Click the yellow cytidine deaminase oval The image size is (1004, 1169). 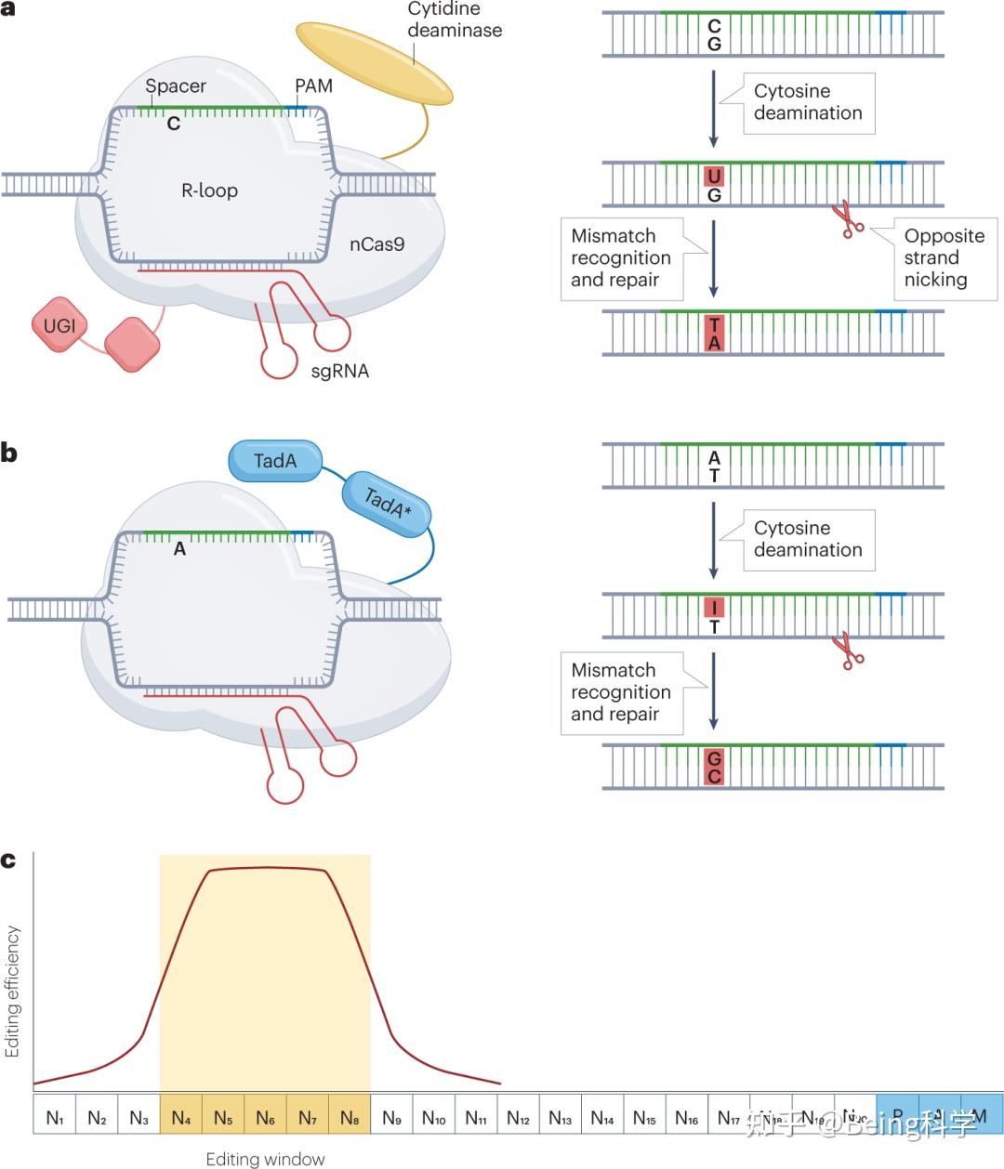(375, 63)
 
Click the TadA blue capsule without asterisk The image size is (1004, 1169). (275, 461)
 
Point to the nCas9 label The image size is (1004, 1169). (376, 245)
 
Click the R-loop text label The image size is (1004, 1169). (209, 190)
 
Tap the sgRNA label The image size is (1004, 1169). (339, 371)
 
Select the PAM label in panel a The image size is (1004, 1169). (313, 86)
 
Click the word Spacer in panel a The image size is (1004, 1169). (176, 86)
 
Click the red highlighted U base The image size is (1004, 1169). (714, 177)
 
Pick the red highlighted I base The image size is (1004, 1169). (714, 609)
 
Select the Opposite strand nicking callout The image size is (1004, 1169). (945, 258)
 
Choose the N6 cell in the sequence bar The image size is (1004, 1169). (265, 1118)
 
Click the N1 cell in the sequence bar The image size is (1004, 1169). (55, 1118)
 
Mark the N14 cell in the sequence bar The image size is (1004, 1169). (601, 1118)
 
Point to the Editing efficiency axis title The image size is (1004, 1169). (13, 991)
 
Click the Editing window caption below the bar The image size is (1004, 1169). (265, 1159)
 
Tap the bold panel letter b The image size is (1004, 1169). (9, 453)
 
